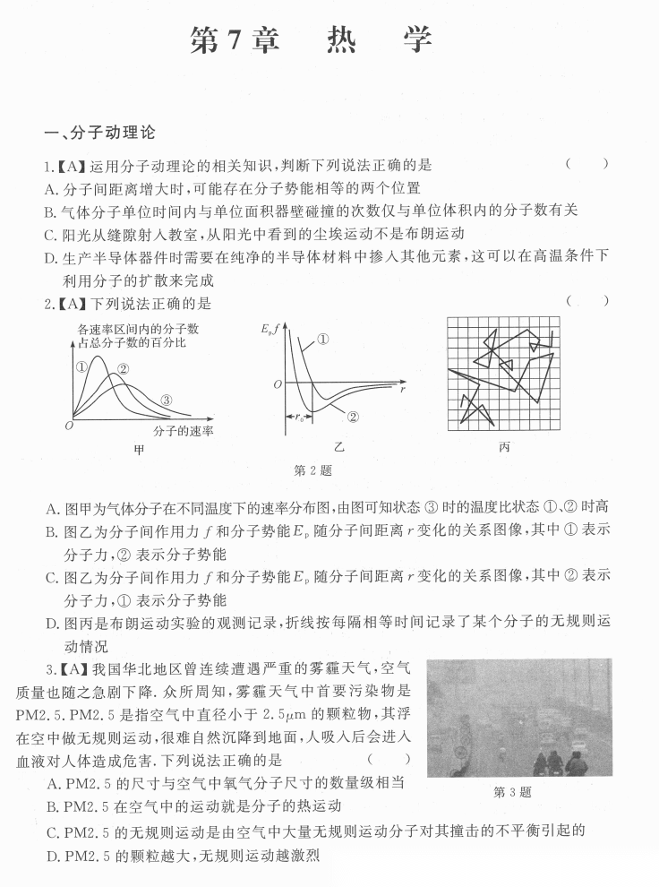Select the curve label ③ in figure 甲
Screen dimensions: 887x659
click(x=166, y=400)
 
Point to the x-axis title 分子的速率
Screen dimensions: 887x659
click(x=183, y=431)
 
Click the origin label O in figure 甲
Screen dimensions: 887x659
click(x=69, y=425)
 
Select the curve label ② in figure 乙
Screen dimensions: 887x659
click(x=352, y=417)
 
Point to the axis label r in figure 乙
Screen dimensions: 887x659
click(x=404, y=390)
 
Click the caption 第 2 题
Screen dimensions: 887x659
click(x=312, y=470)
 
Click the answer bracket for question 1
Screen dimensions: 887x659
click(x=587, y=164)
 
